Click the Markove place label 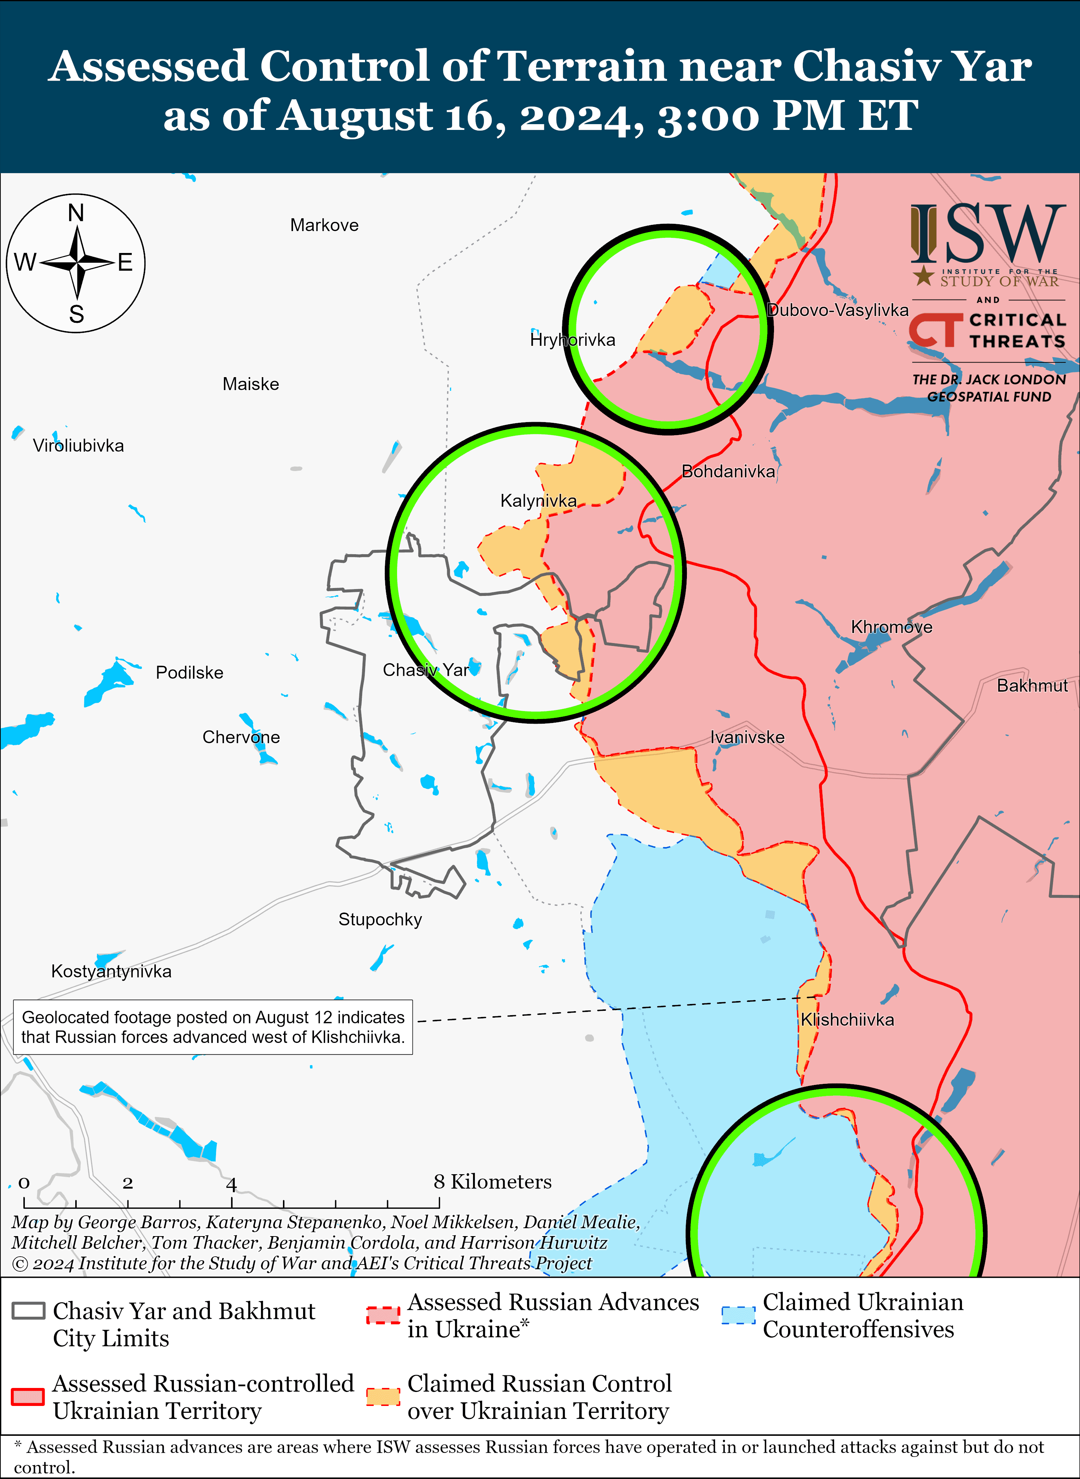pyautogui.click(x=324, y=226)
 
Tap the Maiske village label pyautogui.click(x=251, y=384)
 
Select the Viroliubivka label pyautogui.click(x=78, y=446)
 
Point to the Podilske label pyautogui.click(x=190, y=673)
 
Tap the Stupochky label pyautogui.click(x=380, y=919)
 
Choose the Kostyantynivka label pyautogui.click(x=111, y=971)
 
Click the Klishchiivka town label pyautogui.click(x=847, y=1019)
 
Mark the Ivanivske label pyautogui.click(x=747, y=737)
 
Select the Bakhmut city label pyautogui.click(x=1032, y=686)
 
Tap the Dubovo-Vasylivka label pyautogui.click(x=837, y=310)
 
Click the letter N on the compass pyautogui.click(x=76, y=213)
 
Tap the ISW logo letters pyautogui.click(x=987, y=233)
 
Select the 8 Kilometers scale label pyautogui.click(x=492, y=1182)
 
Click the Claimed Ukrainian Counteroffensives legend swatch pyautogui.click(x=738, y=1315)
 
